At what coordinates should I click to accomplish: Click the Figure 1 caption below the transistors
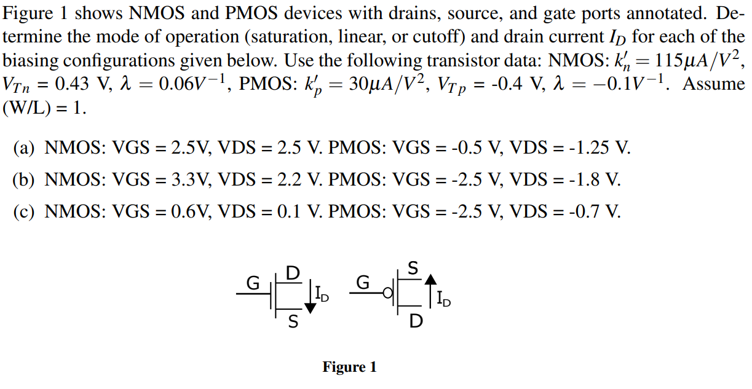coord(349,367)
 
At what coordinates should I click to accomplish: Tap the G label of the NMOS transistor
coord(253,283)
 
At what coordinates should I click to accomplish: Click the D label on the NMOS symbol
coord(293,272)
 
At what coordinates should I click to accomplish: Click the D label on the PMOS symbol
coord(416,321)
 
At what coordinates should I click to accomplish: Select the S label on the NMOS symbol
coord(293,321)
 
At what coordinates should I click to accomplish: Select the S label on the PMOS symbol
coord(414,269)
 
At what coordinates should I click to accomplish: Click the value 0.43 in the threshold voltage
coord(72,84)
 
